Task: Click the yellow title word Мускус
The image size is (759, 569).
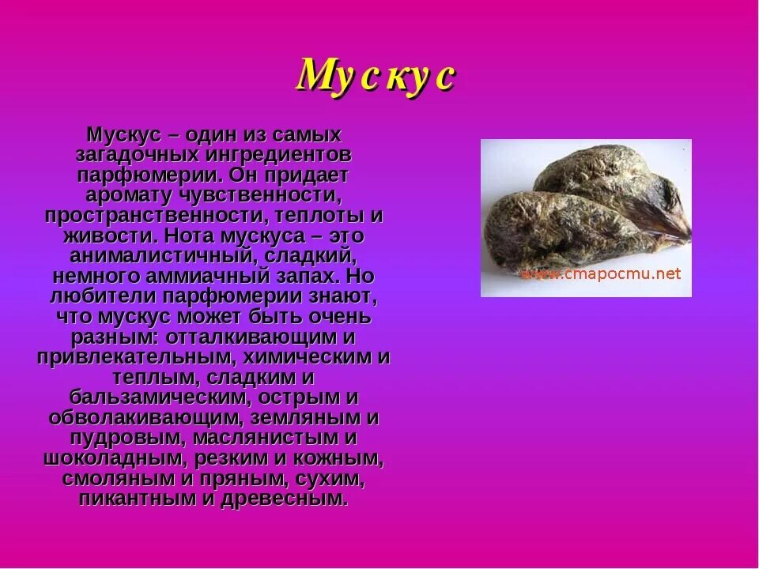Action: coord(376,77)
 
